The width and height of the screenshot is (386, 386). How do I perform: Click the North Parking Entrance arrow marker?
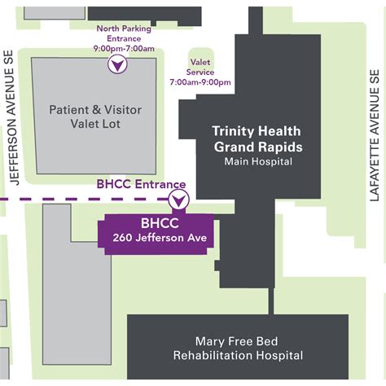119,64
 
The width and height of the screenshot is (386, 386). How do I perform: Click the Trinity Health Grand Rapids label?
257,139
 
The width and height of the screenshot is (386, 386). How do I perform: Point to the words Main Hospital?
257,162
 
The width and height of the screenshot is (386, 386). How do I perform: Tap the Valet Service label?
200,67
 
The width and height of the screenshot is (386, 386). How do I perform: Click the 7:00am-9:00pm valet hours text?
200,82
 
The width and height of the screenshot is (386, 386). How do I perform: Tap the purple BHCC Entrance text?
141,185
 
